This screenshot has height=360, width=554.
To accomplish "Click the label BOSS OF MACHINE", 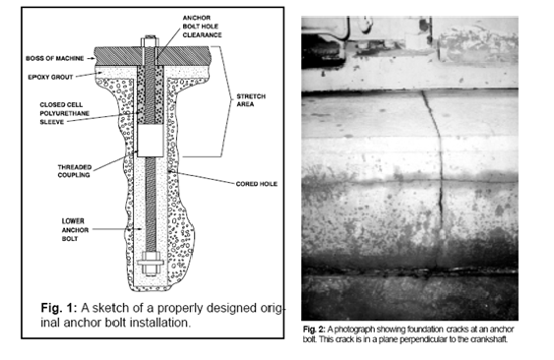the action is pyautogui.click(x=55, y=58).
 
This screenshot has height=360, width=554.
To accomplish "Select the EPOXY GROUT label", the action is pyautogui.click(x=50, y=77).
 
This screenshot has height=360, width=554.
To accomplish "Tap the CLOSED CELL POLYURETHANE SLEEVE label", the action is pyautogui.click(x=64, y=113).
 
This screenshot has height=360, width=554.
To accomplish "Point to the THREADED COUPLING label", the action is pyautogui.click(x=75, y=171).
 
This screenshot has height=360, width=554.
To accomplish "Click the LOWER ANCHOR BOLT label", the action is pyautogui.click(x=75, y=230).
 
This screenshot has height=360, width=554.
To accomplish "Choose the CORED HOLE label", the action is pyautogui.click(x=257, y=184).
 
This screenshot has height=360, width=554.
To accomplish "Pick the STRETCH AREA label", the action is pyautogui.click(x=251, y=100).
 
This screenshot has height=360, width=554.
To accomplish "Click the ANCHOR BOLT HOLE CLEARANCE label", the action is pyautogui.click(x=202, y=27).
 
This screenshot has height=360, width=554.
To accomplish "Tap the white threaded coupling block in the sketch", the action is pyautogui.click(x=151, y=141).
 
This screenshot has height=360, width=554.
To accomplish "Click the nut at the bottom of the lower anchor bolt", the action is pyautogui.click(x=151, y=264).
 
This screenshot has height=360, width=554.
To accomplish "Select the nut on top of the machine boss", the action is pyautogui.click(x=151, y=41).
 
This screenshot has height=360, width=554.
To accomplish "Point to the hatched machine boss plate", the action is pyautogui.click(x=153, y=56).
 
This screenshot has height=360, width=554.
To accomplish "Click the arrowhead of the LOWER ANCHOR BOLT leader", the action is pyautogui.click(x=141, y=229).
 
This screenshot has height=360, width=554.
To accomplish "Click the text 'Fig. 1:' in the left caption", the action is pyautogui.click(x=59, y=308).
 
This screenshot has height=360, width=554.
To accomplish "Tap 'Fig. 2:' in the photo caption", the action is pyautogui.click(x=314, y=330).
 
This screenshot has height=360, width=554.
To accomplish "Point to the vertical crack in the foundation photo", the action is pyautogui.click(x=437, y=178).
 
